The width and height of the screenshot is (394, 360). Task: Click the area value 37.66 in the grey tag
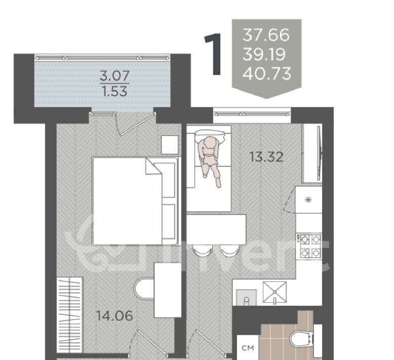266,35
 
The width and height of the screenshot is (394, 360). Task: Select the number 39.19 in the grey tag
264,54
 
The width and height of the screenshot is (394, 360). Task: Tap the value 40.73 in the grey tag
267,74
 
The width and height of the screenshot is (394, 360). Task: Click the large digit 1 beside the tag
213,54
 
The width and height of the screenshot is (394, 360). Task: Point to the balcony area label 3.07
114,76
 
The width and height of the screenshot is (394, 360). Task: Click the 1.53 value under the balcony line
115,91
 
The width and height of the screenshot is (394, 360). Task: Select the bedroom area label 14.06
114,316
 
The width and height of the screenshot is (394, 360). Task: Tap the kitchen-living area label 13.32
266,157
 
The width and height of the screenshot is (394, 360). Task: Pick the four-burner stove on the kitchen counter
309,246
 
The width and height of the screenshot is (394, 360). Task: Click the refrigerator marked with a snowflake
308,200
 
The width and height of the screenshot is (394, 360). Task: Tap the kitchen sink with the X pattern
274,292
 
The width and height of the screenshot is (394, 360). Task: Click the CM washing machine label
248,348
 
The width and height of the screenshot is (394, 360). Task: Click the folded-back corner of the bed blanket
153,166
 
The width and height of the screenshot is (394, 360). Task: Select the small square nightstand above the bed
170,145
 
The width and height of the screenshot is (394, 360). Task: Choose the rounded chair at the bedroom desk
144,288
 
